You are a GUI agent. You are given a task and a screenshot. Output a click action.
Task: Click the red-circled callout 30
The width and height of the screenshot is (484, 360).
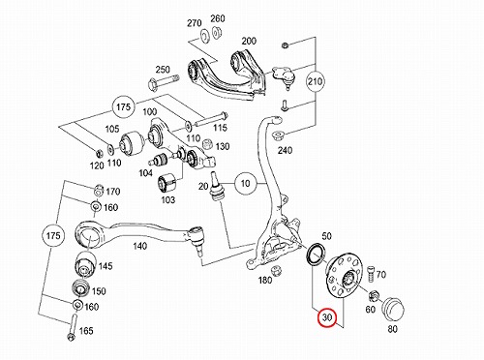pos(327,317)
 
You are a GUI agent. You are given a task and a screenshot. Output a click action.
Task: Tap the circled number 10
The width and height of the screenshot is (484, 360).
pos(245,184)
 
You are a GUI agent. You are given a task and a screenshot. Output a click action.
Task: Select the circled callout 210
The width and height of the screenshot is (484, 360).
pos(315,81)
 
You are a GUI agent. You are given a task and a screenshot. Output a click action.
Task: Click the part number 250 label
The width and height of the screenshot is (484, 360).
pos(163,70)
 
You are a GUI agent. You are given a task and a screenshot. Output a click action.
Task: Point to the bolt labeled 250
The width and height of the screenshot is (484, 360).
pos(164,82)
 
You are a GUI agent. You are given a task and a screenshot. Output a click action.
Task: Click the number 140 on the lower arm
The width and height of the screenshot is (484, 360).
pos(139,247)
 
